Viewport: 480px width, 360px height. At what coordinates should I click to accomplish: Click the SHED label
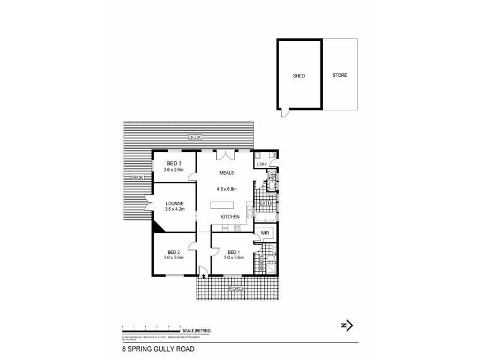[x=299, y=76]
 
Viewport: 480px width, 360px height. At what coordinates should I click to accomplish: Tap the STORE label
[x=340, y=76]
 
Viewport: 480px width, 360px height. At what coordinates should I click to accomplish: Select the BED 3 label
[x=174, y=164]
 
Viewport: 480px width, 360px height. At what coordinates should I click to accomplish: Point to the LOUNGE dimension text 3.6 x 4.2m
[x=174, y=210]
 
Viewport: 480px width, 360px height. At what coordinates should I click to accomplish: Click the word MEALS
[x=226, y=173]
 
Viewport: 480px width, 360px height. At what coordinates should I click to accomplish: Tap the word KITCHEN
[x=230, y=216]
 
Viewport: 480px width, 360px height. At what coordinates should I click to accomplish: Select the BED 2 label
[x=173, y=251]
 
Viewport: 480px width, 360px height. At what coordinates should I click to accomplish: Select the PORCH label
[x=235, y=289]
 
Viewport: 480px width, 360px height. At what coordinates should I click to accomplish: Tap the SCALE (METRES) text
[x=197, y=331]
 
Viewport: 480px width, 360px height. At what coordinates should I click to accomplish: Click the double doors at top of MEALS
[x=226, y=155]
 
